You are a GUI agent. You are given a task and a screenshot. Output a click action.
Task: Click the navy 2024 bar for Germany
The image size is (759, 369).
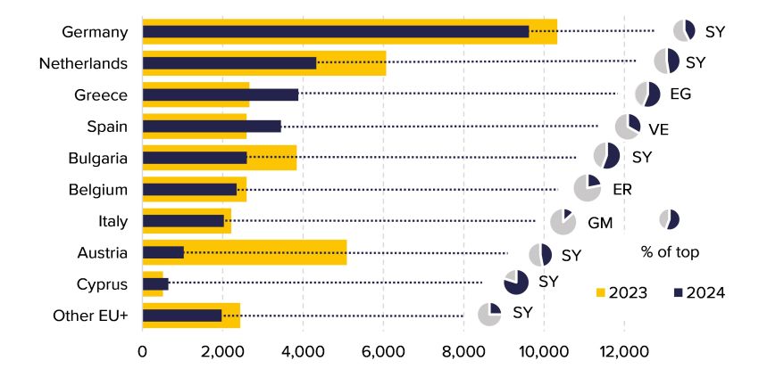click(x=336, y=31)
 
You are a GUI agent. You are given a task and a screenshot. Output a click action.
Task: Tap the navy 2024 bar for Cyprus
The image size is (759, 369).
click(x=155, y=284)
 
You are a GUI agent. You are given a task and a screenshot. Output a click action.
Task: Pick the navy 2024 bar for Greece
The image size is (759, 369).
click(x=221, y=94)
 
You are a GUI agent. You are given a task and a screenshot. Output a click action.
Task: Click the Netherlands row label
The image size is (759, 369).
click(x=83, y=63)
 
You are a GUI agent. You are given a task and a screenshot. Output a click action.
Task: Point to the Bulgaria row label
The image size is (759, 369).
click(x=97, y=158)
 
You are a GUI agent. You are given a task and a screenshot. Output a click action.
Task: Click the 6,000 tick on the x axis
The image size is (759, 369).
click(x=383, y=351)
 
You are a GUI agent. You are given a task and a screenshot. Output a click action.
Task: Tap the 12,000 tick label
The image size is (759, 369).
click(x=623, y=351)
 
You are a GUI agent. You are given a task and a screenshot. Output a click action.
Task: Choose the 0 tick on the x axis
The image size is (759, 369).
click(x=143, y=351)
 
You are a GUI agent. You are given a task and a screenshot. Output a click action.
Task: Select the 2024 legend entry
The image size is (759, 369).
click(x=699, y=292)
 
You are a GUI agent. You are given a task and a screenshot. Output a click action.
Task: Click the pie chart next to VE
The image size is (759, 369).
click(x=628, y=127)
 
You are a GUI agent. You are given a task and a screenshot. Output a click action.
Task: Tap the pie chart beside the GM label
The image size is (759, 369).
click(x=563, y=222)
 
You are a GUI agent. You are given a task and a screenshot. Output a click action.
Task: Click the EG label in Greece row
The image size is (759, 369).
click(x=680, y=94)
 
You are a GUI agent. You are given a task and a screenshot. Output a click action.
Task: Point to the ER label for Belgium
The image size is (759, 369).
click(x=622, y=189)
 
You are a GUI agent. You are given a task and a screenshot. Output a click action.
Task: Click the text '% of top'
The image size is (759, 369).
click(x=670, y=251)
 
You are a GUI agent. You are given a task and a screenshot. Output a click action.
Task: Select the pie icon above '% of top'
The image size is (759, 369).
click(x=669, y=219)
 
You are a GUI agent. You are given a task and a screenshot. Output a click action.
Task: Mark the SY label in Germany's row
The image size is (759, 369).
click(x=715, y=31)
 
